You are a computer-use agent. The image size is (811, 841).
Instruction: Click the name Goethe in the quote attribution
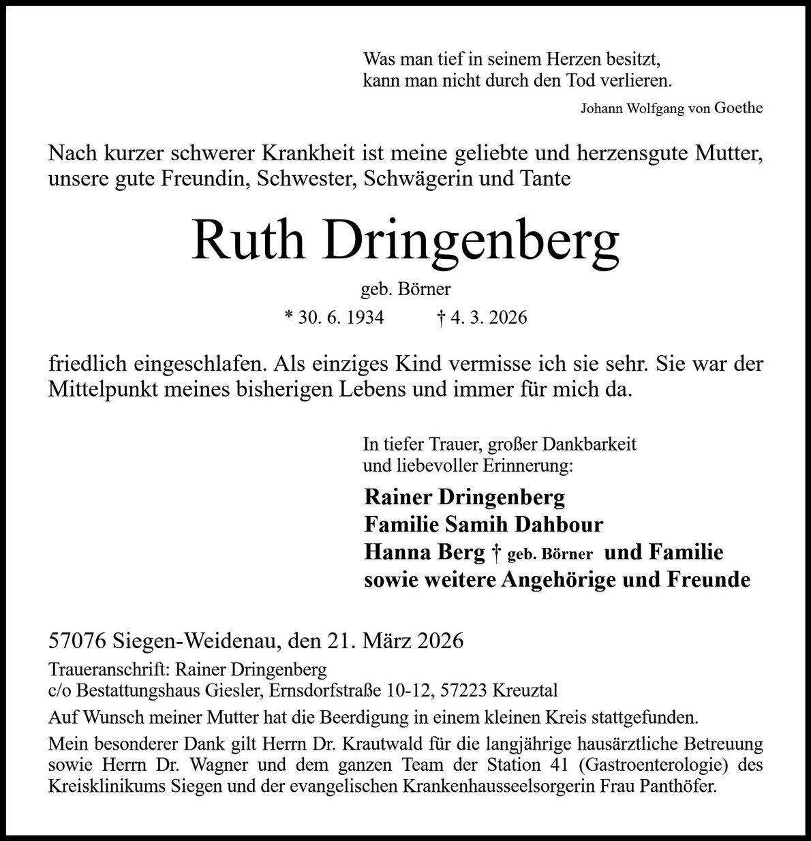[x=738, y=108]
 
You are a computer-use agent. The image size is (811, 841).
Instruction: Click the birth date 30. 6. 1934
[x=334, y=318]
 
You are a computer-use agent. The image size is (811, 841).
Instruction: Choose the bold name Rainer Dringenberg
[x=465, y=497]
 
